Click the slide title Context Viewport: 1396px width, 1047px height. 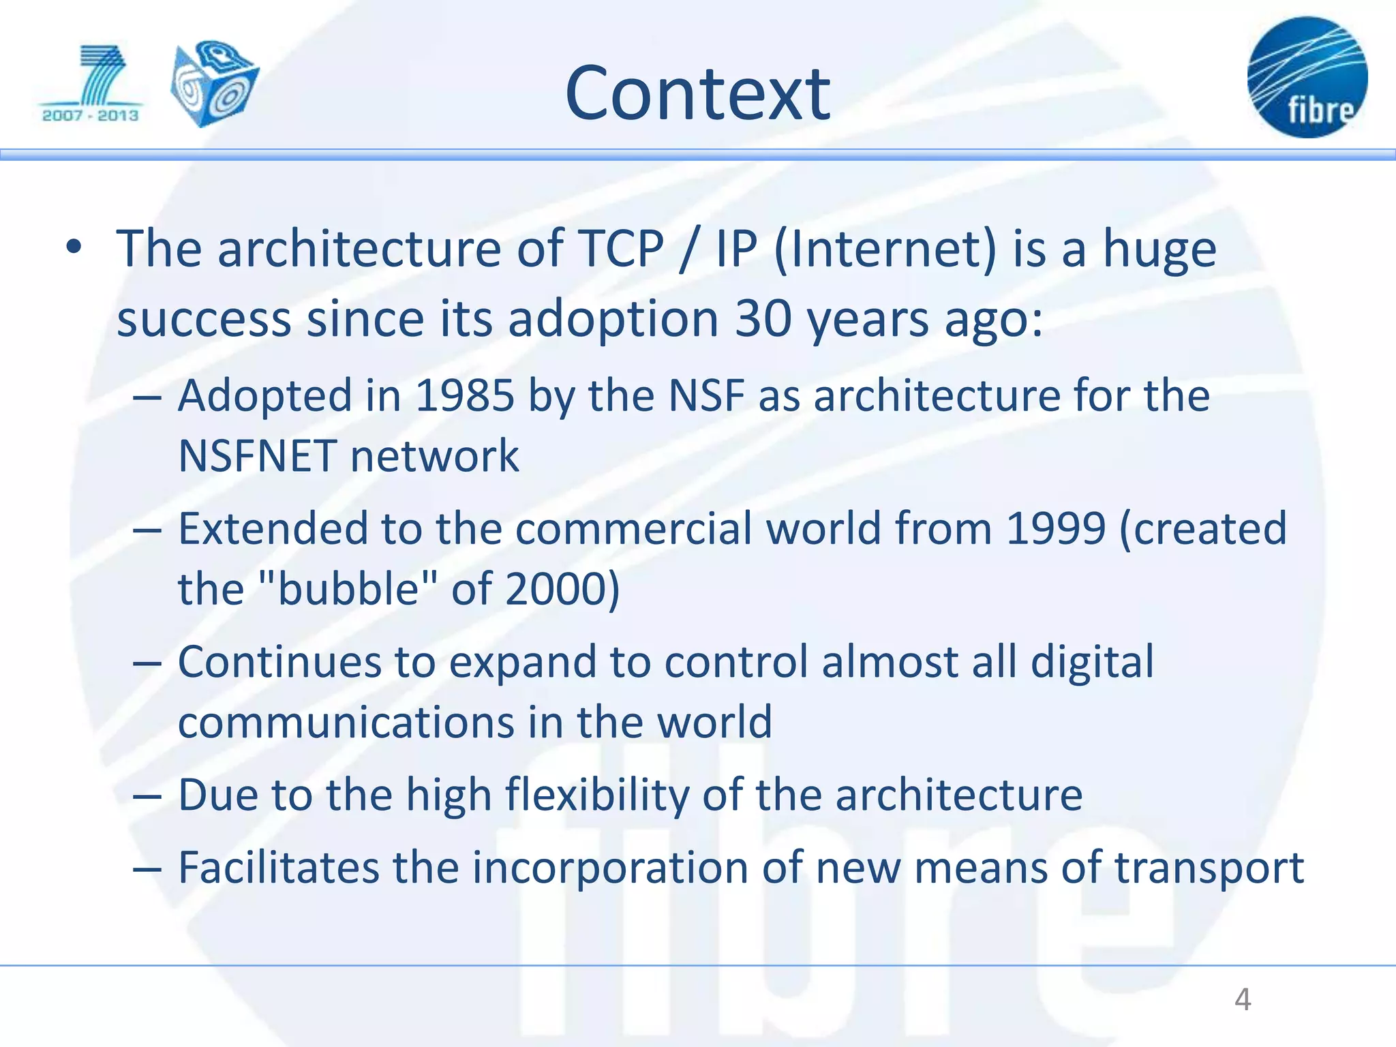click(x=697, y=94)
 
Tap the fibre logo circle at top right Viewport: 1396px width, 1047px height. click(x=1307, y=78)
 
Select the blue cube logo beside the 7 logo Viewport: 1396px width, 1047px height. click(x=215, y=83)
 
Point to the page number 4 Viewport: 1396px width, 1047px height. click(x=1243, y=1000)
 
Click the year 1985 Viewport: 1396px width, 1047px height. click(x=464, y=395)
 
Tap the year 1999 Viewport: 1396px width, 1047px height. click(x=1055, y=528)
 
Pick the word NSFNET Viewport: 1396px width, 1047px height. click(x=257, y=456)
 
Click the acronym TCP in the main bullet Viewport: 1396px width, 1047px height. click(x=620, y=249)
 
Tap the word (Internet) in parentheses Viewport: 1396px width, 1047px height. click(x=885, y=249)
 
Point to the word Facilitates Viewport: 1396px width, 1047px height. click(x=278, y=868)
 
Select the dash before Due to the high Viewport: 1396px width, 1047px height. click(x=147, y=796)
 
